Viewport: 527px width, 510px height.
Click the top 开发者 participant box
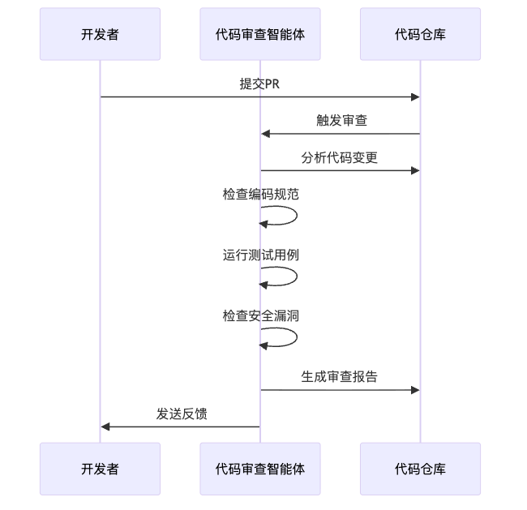[100, 34]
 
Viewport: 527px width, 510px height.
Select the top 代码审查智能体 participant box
[260, 34]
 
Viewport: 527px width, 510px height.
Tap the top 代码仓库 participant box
[420, 34]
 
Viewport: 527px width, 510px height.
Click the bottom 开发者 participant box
[100, 469]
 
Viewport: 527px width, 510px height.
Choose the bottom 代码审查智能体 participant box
[260, 469]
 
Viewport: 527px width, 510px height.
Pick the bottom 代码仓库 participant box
[420, 469]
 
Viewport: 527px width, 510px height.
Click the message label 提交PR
[259, 84]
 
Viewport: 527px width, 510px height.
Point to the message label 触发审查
[341, 120]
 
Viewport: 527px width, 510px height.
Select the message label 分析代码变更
[340, 157]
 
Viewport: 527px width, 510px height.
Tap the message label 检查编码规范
[261, 195]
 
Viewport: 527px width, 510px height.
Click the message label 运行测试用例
[261, 255]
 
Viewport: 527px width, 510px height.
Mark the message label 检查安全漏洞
[261, 315]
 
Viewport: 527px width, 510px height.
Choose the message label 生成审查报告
[340, 376]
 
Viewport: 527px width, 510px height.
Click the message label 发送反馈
[182, 414]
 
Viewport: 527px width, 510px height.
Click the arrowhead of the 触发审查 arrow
[265, 134]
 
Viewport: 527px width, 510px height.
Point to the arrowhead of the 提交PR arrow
[415, 97]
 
